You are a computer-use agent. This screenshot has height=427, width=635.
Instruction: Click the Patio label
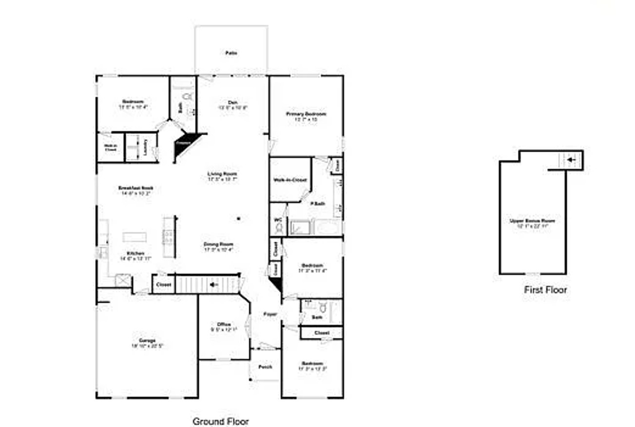click(231, 53)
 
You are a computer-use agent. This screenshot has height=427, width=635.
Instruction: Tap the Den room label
click(233, 102)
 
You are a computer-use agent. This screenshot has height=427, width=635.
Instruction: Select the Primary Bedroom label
click(306, 114)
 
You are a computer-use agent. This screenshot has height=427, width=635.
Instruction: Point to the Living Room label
click(222, 174)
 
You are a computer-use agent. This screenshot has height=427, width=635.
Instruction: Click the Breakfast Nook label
click(132, 188)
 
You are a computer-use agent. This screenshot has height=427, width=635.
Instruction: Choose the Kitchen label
click(135, 253)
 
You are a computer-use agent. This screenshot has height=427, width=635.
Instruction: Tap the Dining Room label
click(218, 244)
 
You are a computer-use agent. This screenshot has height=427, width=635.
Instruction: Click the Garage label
click(146, 340)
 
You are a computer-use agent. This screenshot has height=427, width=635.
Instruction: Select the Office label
click(224, 324)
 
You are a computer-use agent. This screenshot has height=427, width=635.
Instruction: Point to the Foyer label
click(270, 314)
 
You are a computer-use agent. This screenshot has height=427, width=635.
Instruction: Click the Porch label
click(265, 367)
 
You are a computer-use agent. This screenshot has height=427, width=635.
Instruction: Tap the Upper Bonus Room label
click(532, 221)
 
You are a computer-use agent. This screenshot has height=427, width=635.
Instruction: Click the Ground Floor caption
click(220, 421)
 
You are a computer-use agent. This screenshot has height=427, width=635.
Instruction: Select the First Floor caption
click(545, 290)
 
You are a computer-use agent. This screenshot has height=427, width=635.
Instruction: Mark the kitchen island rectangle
click(135, 237)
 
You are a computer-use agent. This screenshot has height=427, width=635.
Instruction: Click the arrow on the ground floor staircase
click(213, 284)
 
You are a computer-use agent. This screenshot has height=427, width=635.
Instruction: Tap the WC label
click(278, 220)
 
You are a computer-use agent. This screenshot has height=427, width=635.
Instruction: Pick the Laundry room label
click(145, 146)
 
